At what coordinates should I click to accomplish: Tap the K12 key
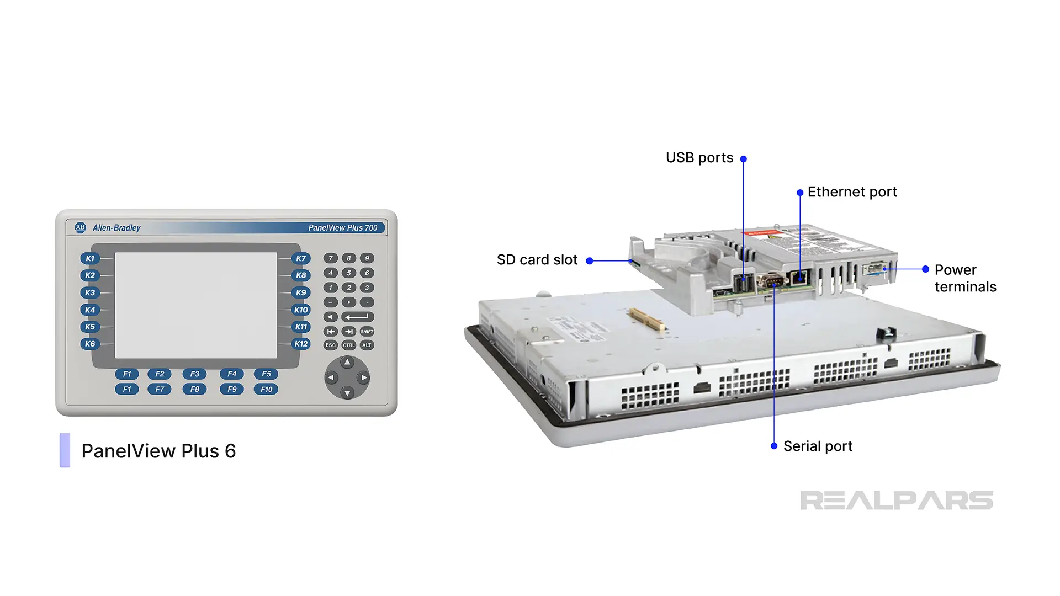tap(301, 344)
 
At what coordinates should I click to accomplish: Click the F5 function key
tap(266, 374)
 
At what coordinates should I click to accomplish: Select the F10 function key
tap(266, 389)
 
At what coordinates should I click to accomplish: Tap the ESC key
tap(330, 345)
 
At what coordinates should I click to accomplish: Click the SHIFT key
tap(367, 332)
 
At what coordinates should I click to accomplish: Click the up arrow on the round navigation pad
tap(347, 363)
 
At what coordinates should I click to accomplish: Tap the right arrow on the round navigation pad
tap(363, 378)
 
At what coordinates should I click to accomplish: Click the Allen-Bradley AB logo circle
tap(81, 227)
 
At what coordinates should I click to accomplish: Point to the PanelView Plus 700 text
tap(342, 228)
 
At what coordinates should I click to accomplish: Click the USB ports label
tap(699, 158)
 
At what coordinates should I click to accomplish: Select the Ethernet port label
tap(852, 192)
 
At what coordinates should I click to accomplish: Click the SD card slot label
tap(537, 260)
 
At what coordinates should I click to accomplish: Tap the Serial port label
tap(818, 446)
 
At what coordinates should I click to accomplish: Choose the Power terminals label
tap(965, 278)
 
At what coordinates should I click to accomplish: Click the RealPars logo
tap(897, 501)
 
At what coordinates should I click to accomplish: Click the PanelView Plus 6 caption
tap(158, 451)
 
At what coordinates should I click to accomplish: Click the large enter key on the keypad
tap(357, 317)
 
